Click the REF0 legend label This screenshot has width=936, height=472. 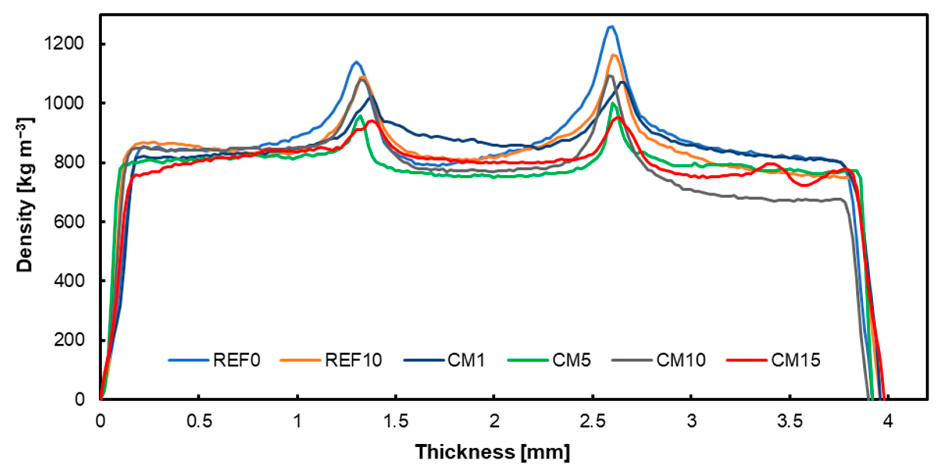pos(237,360)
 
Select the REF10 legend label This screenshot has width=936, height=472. pos(353,360)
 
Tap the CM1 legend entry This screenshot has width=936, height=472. pos(466,360)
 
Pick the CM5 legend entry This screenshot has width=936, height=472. pos(571,360)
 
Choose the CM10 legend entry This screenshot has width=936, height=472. pos(680,360)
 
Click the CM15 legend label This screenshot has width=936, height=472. pos(796,360)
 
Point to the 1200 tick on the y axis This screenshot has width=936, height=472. pos(64,44)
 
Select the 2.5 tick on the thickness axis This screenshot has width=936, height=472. pos(593,421)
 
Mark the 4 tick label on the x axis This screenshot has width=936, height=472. pos(888,421)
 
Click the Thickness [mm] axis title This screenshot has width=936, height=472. pos(493,452)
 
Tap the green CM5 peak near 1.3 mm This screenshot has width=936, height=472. pos(360,116)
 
